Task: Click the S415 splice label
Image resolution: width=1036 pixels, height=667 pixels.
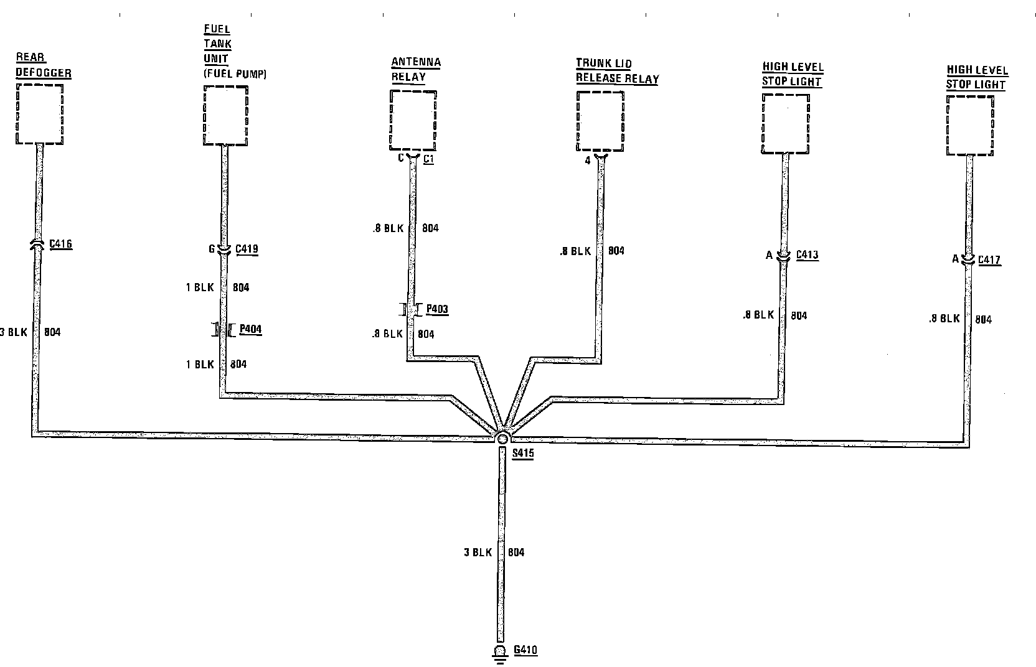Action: (523, 454)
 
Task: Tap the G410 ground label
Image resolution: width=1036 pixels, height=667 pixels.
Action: (525, 650)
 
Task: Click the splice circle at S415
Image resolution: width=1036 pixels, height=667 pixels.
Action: (502, 438)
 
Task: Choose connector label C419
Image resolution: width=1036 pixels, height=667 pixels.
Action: (247, 250)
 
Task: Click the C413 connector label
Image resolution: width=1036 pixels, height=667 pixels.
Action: (807, 254)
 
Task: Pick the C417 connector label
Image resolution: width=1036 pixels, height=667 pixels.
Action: (989, 259)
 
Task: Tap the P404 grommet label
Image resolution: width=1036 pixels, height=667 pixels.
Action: (250, 329)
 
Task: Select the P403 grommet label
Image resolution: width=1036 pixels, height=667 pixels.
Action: (437, 309)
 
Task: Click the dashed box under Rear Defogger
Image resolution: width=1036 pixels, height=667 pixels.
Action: (39, 114)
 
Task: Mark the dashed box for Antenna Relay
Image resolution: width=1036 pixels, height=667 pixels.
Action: (413, 119)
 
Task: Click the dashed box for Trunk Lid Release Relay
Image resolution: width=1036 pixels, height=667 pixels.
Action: (600, 121)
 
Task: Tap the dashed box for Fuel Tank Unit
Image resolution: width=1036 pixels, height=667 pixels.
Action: (226, 116)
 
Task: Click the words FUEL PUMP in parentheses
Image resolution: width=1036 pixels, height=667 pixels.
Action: (235, 74)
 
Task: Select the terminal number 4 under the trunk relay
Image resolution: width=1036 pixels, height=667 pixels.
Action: (587, 161)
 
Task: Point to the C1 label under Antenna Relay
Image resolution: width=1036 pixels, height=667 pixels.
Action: (428, 159)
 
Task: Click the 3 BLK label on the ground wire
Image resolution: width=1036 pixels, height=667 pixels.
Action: (478, 552)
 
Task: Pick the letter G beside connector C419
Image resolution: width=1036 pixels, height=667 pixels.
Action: (212, 250)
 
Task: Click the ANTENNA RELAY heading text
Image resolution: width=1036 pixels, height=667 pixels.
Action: (416, 70)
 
